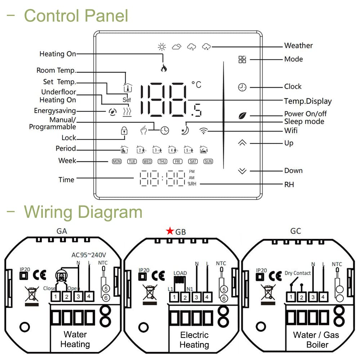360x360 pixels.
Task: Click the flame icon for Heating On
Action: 163,68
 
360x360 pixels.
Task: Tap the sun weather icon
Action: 162,46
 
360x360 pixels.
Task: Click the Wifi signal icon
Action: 204,131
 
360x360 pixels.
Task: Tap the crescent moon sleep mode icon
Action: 185,130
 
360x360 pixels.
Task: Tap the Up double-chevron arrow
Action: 242,143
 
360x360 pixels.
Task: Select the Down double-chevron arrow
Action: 242,171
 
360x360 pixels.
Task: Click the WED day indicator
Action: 147,162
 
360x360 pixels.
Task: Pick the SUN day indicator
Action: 208,162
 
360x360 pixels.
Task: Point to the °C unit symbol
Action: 197,85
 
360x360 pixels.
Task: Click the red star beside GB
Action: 170,231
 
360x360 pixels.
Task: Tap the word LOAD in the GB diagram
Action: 180,273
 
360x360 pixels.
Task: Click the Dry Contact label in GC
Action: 298,273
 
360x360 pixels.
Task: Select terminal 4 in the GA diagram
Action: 89,297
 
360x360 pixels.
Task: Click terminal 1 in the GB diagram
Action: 174,297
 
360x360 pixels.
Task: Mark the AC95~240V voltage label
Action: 91,255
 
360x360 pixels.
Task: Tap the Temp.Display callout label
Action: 308,102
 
